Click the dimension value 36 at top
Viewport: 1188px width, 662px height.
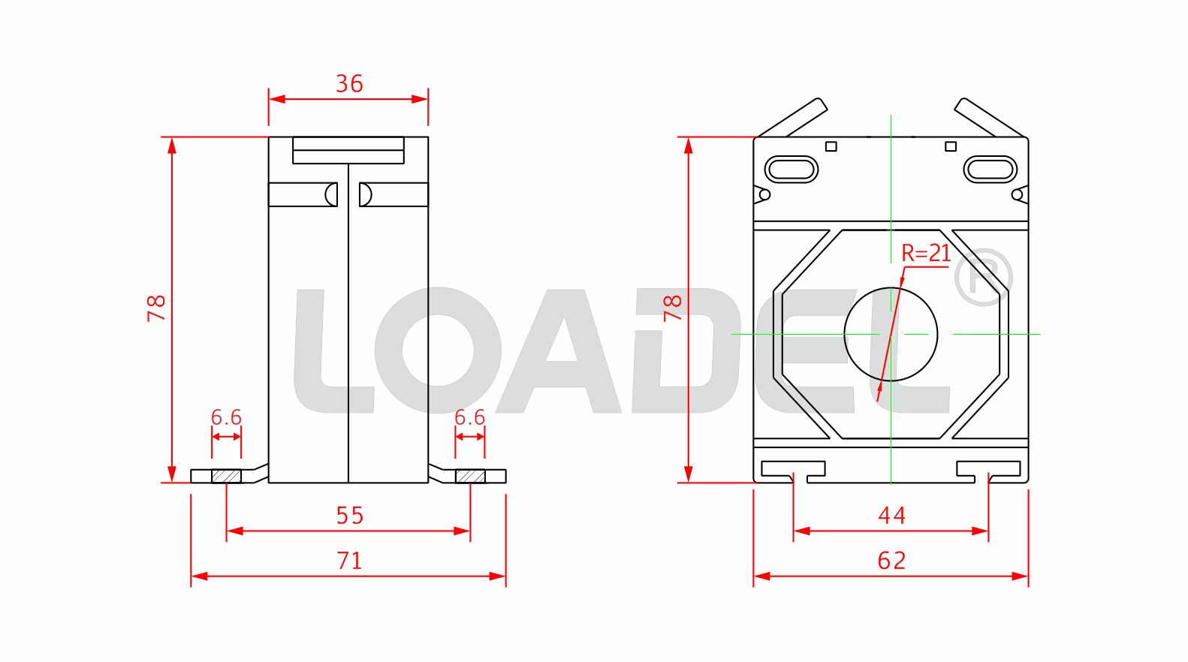click(x=349, y=83)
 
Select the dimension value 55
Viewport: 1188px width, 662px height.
click(x=349, y=516)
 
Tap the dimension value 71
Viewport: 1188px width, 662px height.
click(x=349, y=561)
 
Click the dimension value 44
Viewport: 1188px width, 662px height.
click(x=891, y=516)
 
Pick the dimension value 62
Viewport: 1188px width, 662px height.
click(x=891, y=561)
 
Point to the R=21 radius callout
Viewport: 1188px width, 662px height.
click(x=926, y=254)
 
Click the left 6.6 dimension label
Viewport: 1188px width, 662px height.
click(x=226, y=417)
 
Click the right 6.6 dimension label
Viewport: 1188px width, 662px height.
click(x=470, y=417)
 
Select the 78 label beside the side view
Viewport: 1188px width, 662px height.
click(x=156, y=308)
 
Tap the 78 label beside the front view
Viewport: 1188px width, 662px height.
click(x=672, y=308)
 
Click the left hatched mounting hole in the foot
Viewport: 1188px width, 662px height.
click(x=226, y=476)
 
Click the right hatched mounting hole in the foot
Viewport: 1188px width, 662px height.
click(x=470, y=476)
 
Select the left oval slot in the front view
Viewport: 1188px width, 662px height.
click(x=791, y=169)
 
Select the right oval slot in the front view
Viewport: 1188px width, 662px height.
click(x=991, y=169)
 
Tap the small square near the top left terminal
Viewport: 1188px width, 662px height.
click(x=831, y=146)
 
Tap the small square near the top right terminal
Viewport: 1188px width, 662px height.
click(x=951, y=146)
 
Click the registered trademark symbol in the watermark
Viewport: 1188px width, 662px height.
click(x=983, y=277)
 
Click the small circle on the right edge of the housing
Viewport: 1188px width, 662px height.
click(x=1017, y=195)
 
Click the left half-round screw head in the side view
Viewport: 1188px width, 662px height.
click(x=330, y=194)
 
